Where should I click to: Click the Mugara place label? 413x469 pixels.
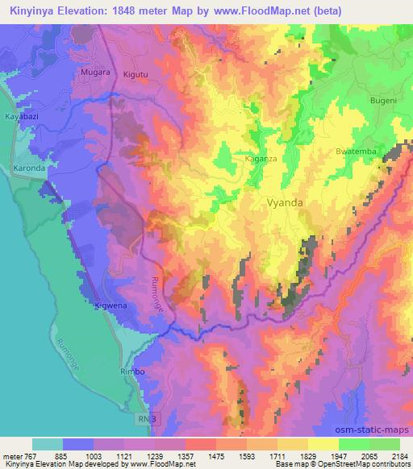[x=94, y=73]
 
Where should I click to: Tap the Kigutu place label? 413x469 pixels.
[x=136, y=74]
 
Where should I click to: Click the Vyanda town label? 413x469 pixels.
[x=285, y=203]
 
